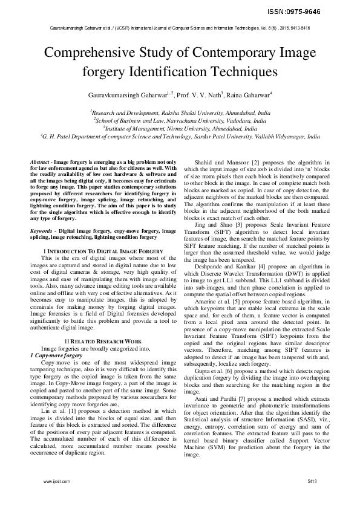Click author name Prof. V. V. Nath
(198, 95)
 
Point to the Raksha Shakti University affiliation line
(180, 112)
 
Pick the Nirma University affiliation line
(180, 128)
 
